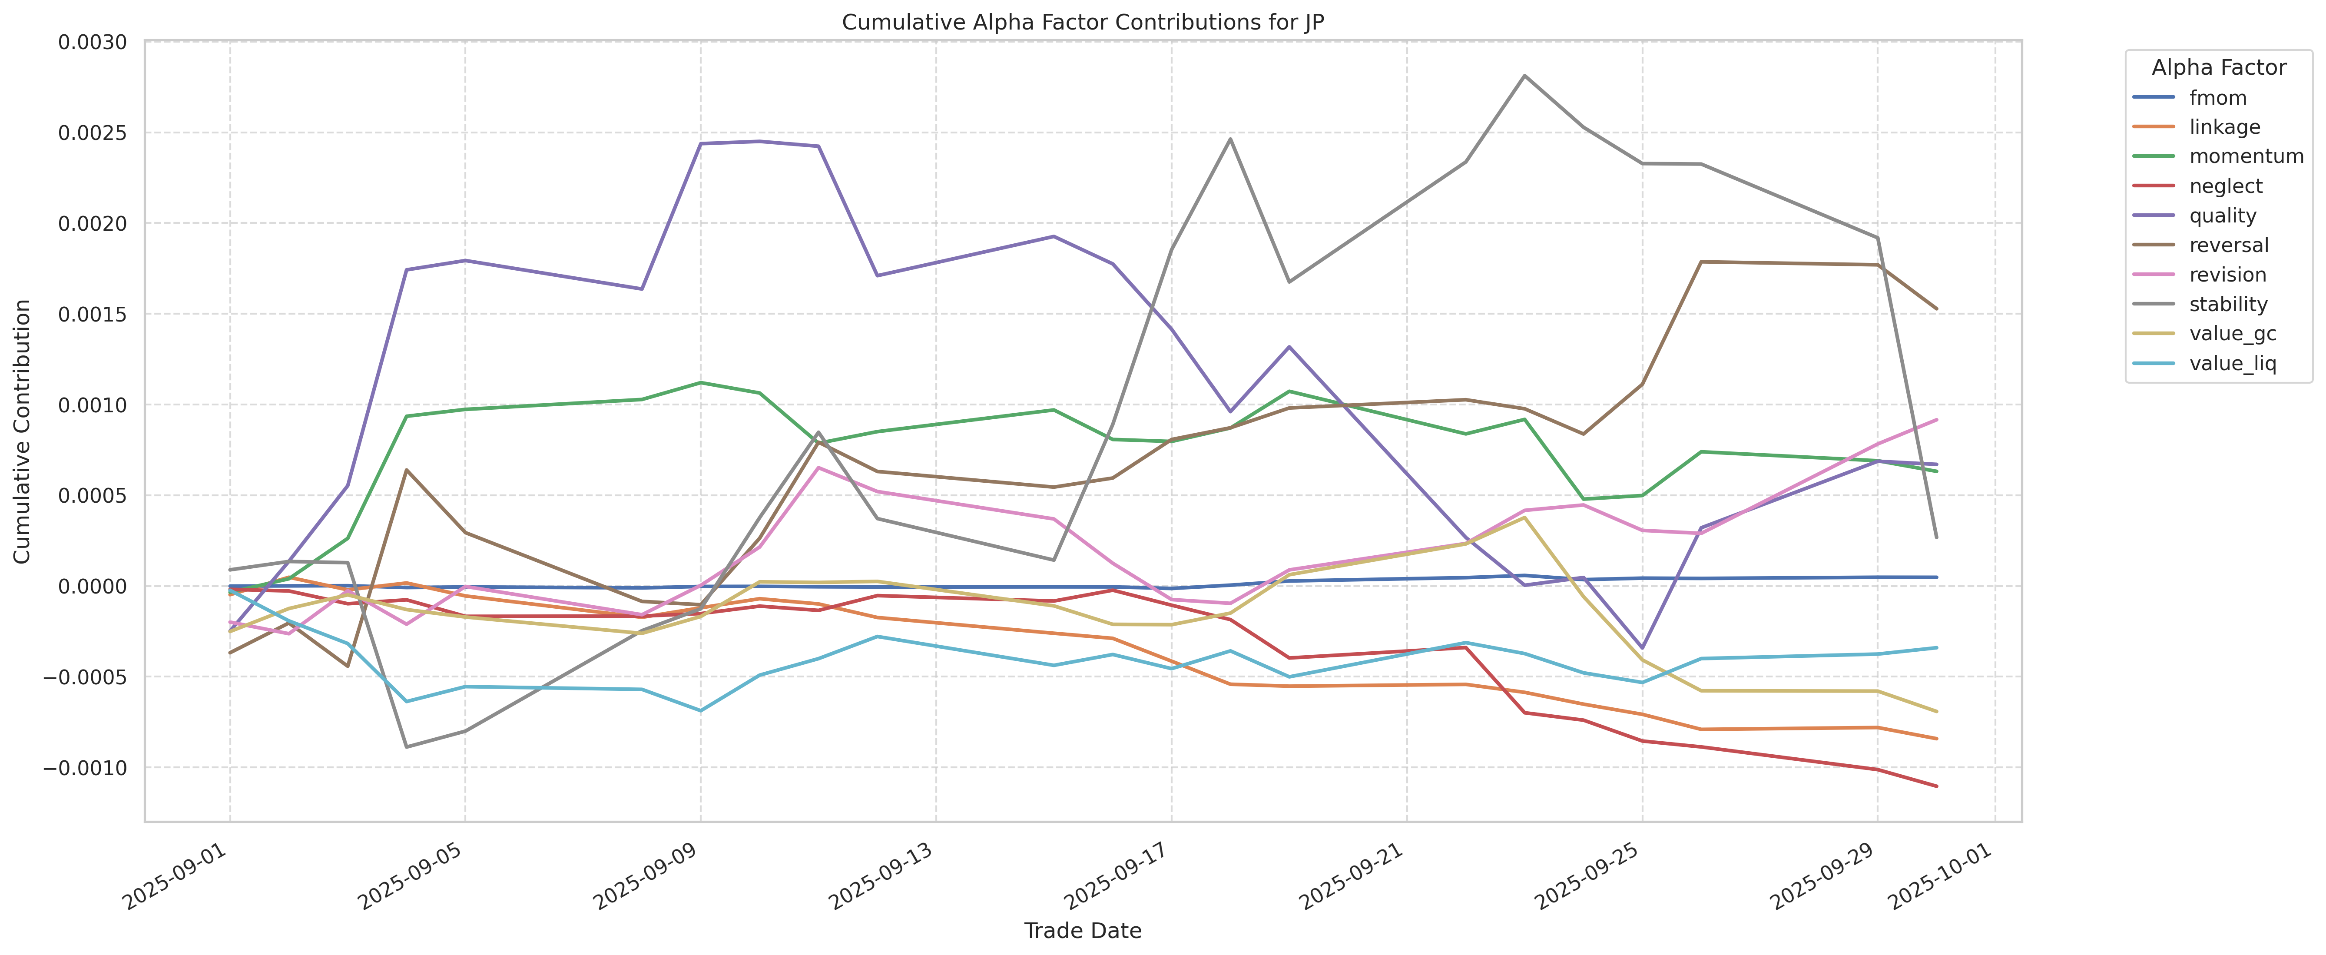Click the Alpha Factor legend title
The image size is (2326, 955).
(2219, 68)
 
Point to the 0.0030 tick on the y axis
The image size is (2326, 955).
(92, 43)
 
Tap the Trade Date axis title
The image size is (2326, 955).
(1083, 931)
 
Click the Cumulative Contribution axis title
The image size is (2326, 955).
(23, 431)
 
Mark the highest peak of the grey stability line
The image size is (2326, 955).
(1524, 76)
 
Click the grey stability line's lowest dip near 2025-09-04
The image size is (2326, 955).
(406, 746)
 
